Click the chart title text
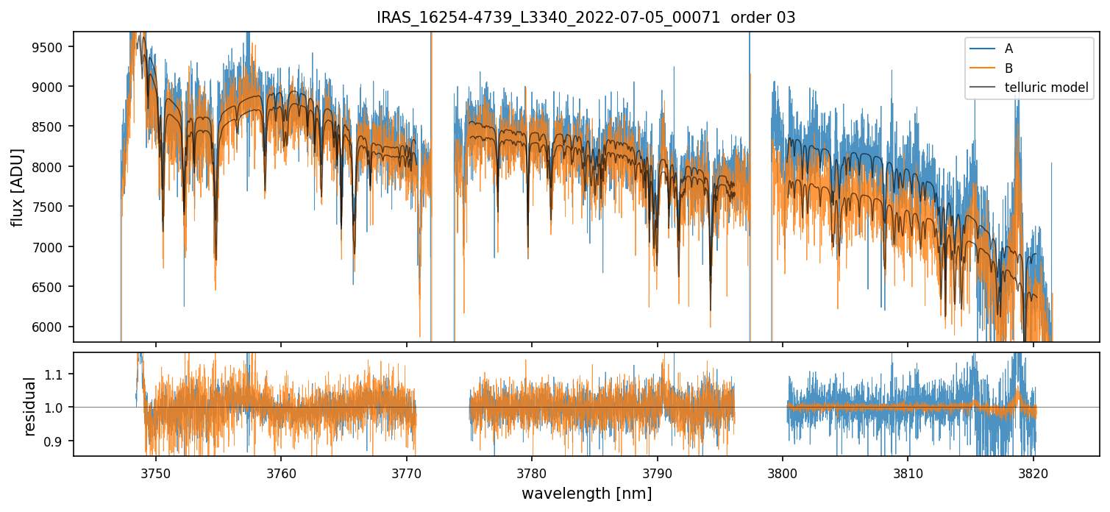pyautogui.click(x=586, y=18)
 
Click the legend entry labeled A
pyautogui.click(x=1008, y=49)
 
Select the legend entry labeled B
pyautogui.click(x=1008, y=68)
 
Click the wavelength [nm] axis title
pyautogui.click(x=586, y=494)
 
